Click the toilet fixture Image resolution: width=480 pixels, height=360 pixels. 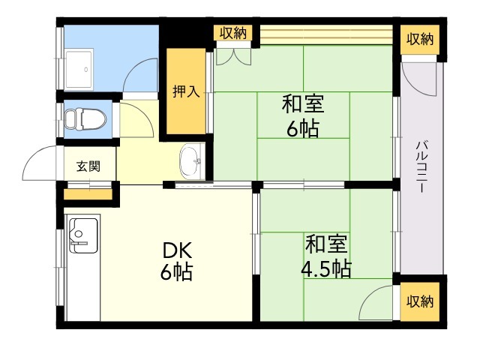click(85, 119)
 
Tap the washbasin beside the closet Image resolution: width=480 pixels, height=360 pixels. click(191, 161)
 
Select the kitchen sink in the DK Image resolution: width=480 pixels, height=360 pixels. click(83, 235)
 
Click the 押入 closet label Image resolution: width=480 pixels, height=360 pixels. click(186, 91)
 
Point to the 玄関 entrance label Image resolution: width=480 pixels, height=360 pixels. click(88, 166)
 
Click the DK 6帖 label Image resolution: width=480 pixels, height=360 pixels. click(177, 261)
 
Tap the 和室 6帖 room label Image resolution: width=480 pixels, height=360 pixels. click(303, 116)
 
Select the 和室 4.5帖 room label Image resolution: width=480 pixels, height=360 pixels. click(325, 256)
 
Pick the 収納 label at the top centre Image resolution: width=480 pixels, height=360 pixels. click(234, 33)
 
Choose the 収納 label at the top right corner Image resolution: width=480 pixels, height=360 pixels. click(420, 39)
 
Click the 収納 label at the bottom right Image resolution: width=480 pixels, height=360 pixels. click(420, 301)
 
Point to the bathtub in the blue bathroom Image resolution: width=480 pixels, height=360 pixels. click(79, 69)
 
